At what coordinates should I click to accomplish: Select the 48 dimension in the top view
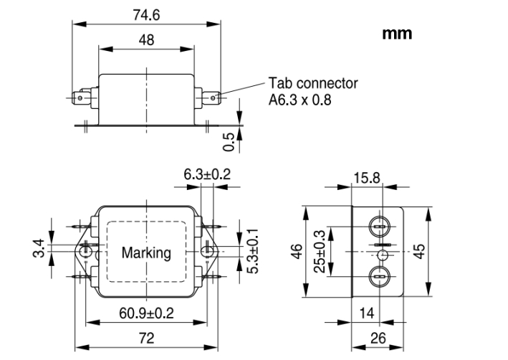pyautogui.click(x=146, y=41)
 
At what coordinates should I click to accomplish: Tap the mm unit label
pyautogui.click(x=397, y=34)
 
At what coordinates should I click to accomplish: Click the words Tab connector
pyautogui.click(x=313, y=83)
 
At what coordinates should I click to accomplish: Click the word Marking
pyautogui.click(x=146, y=252)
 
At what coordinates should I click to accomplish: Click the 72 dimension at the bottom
pyautogui.click(x=146, y=336)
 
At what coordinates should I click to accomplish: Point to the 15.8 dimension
pyautogui.click(x=366, y=177)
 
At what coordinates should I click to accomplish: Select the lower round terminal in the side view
pyautogui.click(x=380, y=277)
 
